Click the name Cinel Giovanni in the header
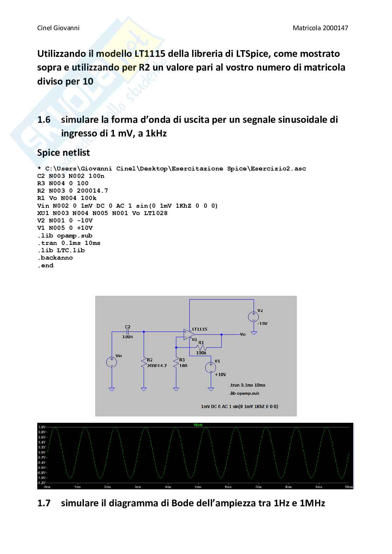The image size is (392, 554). (58, 28)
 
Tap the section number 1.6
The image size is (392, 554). (44, 120)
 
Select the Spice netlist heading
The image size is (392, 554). (63, 153)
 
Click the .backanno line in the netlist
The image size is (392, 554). (55, 258)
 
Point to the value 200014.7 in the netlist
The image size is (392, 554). (92, 191)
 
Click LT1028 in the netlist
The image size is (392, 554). (156, 213)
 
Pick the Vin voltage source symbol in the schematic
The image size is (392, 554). (111, 362)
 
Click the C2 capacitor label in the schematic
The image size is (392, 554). (128, 327)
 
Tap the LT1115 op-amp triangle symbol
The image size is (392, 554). (189, 334)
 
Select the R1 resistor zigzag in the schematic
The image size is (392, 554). (201, 347)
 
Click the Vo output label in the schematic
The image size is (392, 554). (243, 334)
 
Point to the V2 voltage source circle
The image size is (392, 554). (253, 316)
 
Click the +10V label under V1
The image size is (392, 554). (220, 374)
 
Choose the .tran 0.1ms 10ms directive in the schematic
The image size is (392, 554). (247, 385)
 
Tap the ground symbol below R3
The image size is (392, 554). (176, 389)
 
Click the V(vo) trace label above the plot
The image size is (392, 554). (198, 425)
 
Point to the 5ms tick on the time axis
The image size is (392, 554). (198, 487)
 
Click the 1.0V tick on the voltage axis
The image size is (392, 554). (42, 427)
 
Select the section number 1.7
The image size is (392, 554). (44, 503)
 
